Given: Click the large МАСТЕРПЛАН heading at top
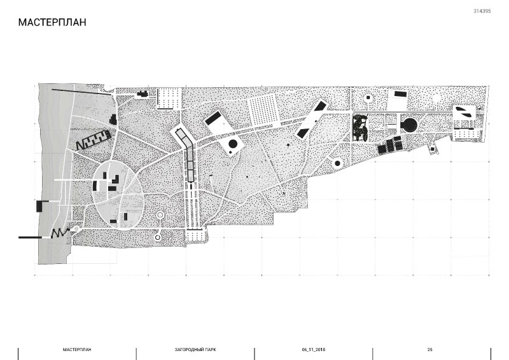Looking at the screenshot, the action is [52, 22].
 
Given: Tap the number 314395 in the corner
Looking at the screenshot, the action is [482, 11].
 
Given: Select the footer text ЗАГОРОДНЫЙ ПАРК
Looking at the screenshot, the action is [195, 350].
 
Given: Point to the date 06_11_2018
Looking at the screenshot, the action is [314, 350].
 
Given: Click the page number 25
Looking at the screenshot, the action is [430, 350].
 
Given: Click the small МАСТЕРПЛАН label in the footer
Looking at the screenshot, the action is [77, 350].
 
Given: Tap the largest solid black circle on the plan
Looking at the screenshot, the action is [409, 125].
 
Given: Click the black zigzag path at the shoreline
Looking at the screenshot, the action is [60, 232].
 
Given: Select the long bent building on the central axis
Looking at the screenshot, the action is [186, 153].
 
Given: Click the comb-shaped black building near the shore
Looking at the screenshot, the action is [93, 140].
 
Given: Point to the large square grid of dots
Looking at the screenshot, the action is [263, 111].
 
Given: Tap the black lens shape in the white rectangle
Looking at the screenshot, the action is [465, 112].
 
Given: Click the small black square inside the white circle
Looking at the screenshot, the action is [368, 97].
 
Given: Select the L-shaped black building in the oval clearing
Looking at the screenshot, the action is [116, 179].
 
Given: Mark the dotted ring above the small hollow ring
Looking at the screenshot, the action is [160, 215].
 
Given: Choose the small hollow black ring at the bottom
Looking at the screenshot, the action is [158, 238].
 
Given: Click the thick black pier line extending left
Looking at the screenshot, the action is [30, 237].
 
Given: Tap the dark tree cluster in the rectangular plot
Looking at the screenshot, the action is [360, 128].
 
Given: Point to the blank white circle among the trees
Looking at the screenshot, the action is [436, 98].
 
